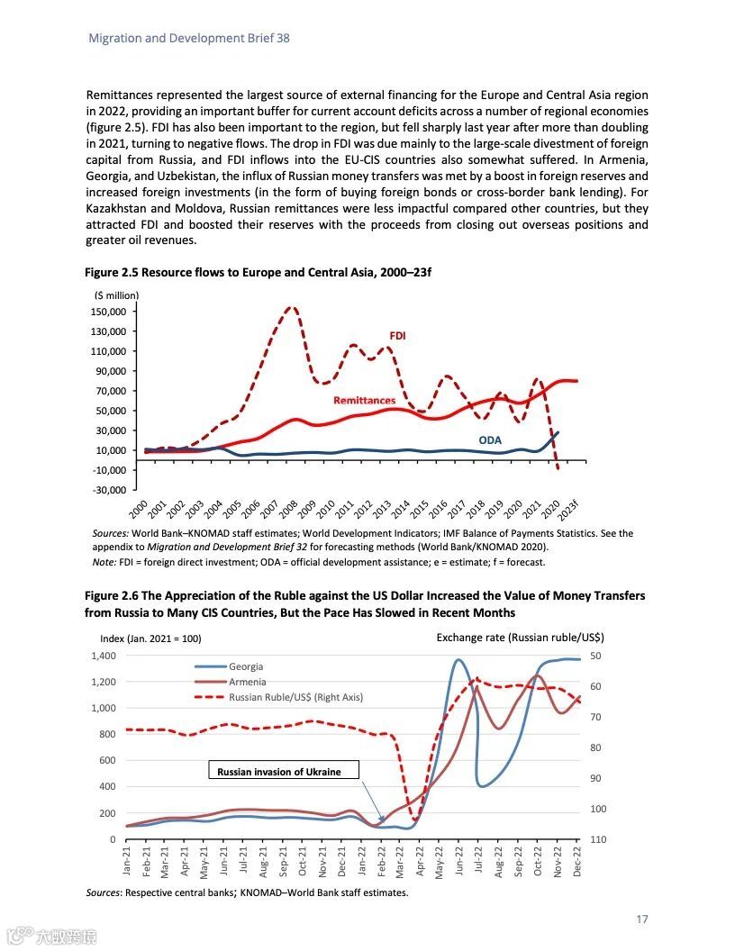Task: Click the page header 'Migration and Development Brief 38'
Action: coord(189,39)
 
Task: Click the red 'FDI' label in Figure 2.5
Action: coord(397,335)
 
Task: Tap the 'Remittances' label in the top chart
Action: coord(364,400)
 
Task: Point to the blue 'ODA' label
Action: coord(490,440)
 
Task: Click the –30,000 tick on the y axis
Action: coord(111,490)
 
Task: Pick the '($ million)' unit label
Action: coord(117,294)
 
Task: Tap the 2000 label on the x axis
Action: coord(138,509)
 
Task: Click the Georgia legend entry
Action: coord(246,666)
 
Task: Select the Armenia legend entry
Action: coord(247,682)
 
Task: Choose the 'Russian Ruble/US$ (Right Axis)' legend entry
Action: coord(295,697)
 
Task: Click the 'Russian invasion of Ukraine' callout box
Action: coord(284,771)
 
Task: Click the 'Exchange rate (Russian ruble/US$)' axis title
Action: coord(520,637)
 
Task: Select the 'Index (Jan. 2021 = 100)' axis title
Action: coord(150,639)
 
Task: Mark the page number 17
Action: coord(642,919)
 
